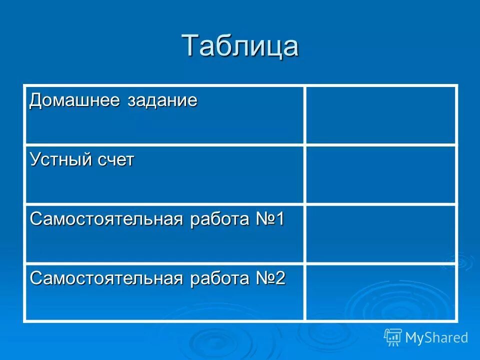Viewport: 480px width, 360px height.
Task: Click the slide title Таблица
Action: [240, 46]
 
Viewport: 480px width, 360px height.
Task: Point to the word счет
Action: [116, 160]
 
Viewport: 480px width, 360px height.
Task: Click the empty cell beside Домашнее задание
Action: [380, 115]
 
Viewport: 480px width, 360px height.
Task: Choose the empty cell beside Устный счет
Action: [380, 174]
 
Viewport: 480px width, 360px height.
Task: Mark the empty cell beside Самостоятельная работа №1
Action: [380, 233]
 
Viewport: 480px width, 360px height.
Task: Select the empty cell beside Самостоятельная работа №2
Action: [380, 292]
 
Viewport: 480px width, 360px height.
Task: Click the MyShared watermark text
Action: [436, 337]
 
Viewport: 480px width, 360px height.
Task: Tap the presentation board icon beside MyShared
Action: [393, 337]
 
